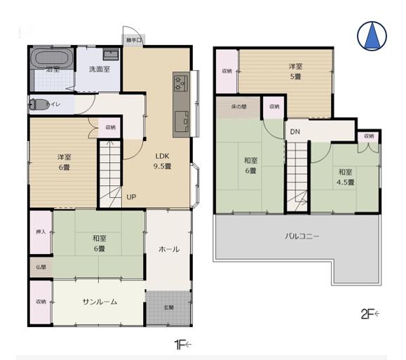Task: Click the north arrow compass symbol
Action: click(x=372, y=35)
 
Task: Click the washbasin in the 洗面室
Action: click(x=111, y=55)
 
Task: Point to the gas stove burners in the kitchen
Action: click(x=180, y=83)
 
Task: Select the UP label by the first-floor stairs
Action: click(x=131, y=196)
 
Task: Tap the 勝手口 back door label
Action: click(x=133, y=40)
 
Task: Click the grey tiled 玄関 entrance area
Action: click(x=168, y=307)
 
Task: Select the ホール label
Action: click(x=168, y=249)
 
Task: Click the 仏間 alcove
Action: click(x=40, y=267)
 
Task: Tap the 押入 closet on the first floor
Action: click(x=40, y=232)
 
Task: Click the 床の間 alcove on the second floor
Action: click(x=238, y=107)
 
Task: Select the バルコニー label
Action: click(x=302, y=236)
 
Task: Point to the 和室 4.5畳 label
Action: click(x=344, y=177)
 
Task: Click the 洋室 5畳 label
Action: click(x=295, y=72)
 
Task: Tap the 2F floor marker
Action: click(x=369, y=314)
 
